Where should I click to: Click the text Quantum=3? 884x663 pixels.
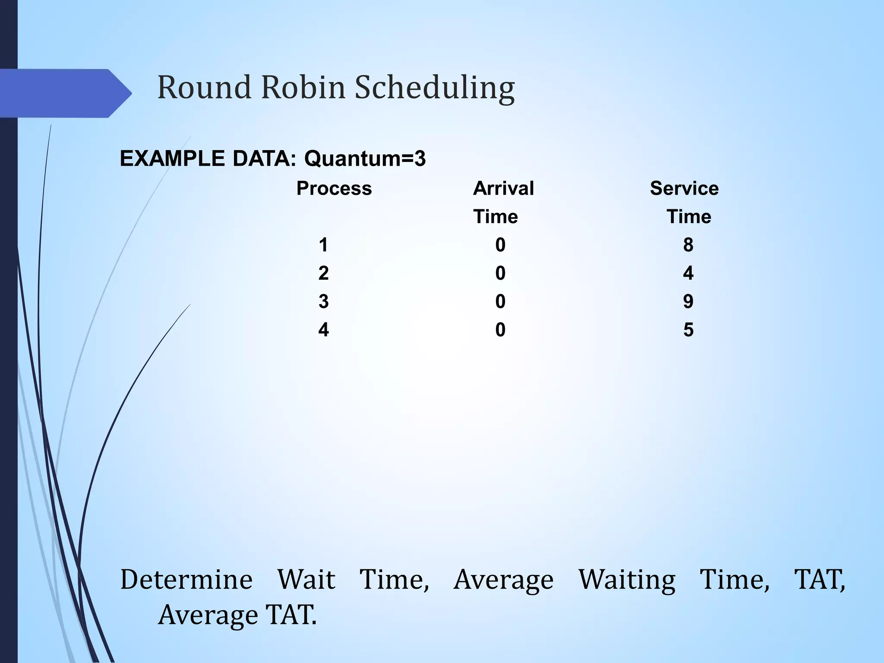tap(365, 159)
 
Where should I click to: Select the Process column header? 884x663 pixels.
tap(334, 189)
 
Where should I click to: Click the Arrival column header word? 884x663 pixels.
tap(503, 189)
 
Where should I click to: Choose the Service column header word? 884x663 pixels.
tap(684, 189)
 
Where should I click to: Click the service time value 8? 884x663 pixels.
tap(688, 245)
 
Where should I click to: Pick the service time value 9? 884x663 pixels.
tap(688, 301)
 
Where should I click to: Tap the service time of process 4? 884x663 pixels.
tap(688, 330)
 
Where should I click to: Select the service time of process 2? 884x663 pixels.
tap(688, 273)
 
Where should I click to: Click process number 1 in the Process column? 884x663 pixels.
tap(323, 245)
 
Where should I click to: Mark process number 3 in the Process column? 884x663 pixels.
tap(323, 301)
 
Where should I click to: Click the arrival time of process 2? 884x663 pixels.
tap(500, 273)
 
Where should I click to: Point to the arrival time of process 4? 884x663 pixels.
tap(500, 330)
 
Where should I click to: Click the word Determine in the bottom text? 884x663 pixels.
tap(186, 579)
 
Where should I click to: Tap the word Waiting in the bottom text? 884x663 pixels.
tap(627, 580)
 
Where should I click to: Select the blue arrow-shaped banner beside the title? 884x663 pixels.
tap(65, 93)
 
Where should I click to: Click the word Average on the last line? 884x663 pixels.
tap(208, 616)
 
